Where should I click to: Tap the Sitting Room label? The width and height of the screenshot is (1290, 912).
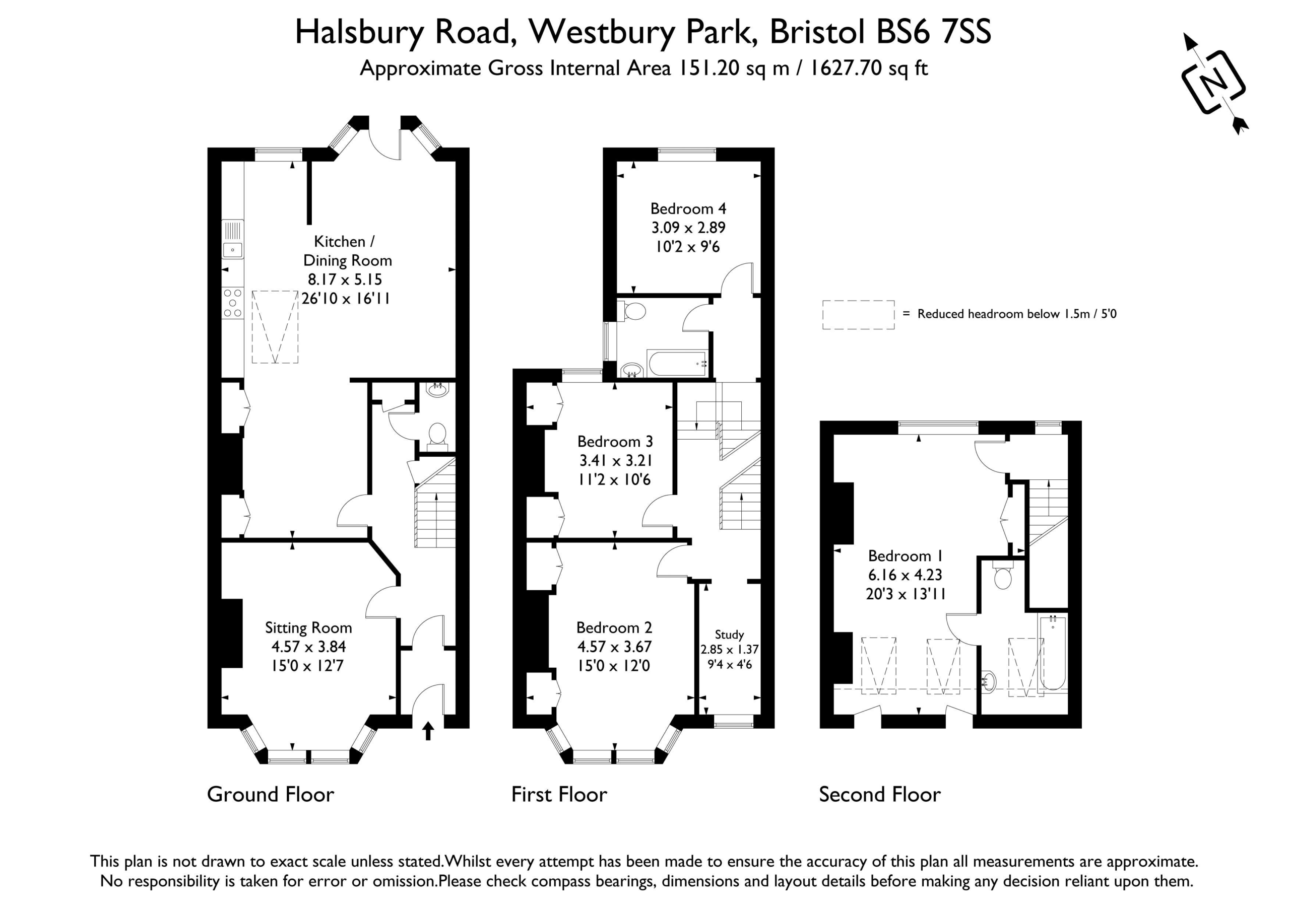[308, 628]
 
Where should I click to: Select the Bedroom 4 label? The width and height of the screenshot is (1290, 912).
[688, 209]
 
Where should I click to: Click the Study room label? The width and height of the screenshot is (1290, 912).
[729, 635]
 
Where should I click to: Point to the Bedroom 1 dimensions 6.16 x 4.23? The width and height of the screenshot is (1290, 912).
[905, 575]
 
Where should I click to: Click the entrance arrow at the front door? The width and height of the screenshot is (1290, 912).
[428, 731]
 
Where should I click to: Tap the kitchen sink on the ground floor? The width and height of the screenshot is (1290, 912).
[233, 239]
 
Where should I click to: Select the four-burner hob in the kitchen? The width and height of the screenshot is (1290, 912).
[233, 303]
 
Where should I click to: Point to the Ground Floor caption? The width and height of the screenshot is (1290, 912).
[270, 795]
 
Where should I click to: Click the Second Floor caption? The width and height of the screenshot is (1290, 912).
[880, 795]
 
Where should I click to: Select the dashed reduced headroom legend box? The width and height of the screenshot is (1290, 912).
[859, 315]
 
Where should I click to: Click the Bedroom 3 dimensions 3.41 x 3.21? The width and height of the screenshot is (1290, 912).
[616, 460]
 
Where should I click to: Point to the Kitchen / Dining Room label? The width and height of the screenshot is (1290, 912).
[347, 251]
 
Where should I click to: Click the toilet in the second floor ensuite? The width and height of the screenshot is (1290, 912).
[1003, 575]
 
